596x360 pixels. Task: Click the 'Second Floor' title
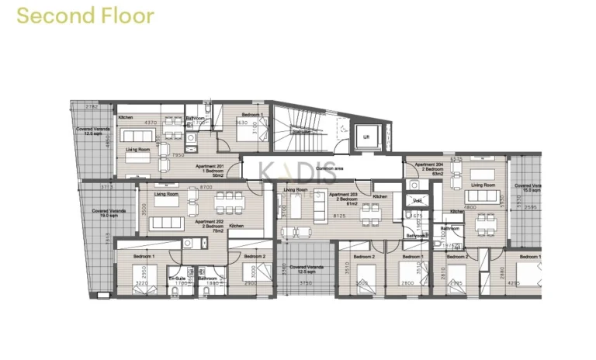click(85, 16)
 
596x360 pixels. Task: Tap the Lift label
click(367, 138)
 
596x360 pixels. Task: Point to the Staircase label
click(300, 132)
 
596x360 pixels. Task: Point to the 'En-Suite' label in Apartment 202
click(178, 278)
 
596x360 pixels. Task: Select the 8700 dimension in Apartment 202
click(206, 188)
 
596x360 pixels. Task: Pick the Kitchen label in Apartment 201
click(126, 117)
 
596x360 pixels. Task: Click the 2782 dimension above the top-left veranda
click(92, 106)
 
